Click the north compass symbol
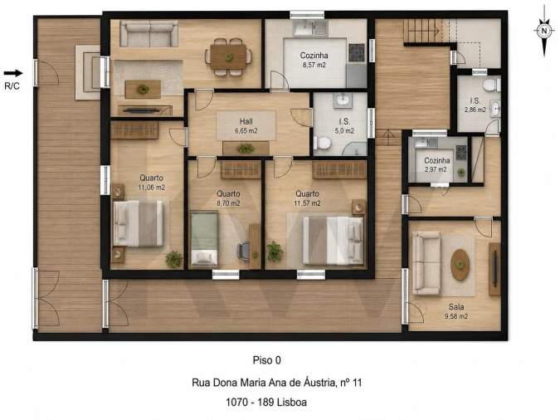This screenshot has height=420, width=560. (544, 31)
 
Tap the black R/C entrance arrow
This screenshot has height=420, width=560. (13, 73)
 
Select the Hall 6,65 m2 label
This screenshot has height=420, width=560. (246, 126)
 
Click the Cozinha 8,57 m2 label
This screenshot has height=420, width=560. (314, 60)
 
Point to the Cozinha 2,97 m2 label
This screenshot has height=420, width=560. (436, 165)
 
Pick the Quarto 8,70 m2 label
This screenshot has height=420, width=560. (228, 198)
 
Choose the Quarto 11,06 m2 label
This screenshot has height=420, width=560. (152, 183)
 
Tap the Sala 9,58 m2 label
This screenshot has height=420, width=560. (456, 311)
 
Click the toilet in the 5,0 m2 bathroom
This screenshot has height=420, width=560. (322, 143)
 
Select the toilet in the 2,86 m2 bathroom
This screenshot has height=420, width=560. (491, 85)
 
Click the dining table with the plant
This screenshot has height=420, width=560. (228, 56)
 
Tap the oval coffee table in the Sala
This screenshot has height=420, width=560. (460, 265)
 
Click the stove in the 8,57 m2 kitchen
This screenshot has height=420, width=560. (357, 52)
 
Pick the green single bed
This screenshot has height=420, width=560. (204, 239)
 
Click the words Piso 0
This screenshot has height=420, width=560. (267, 360)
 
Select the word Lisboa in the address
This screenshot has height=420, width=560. (292, 402)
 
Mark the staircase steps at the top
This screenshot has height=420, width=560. (421, 31)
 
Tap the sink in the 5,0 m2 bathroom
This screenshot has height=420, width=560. (343, 100)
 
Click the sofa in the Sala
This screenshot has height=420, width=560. (426, 263)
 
